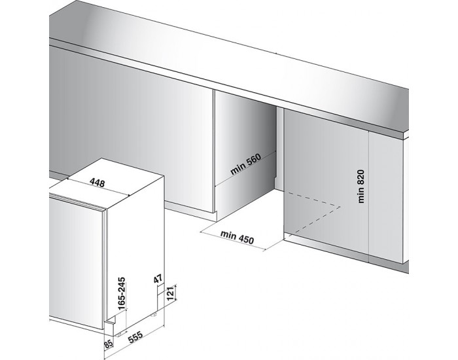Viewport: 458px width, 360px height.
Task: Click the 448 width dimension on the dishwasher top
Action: point(96,183)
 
